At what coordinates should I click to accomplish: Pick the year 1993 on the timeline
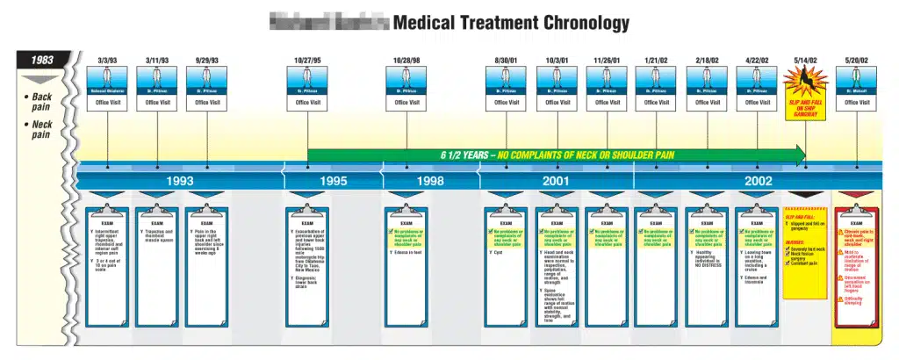(180, 181)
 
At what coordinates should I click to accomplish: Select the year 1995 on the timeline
(332, 181)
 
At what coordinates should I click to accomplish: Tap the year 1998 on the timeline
(430, 181)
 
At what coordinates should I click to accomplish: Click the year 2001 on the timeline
(556, 181)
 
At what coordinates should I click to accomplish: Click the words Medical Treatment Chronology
(511, 23)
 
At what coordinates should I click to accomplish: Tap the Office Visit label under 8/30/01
(507, 102)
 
